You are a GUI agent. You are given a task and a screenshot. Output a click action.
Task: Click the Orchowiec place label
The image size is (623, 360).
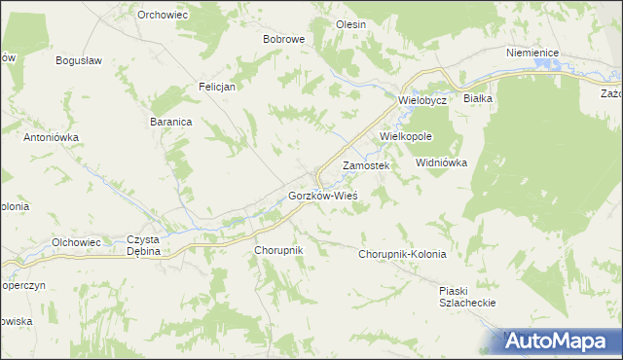(162, 15)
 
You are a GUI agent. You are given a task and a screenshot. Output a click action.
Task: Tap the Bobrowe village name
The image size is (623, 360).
(284, 40)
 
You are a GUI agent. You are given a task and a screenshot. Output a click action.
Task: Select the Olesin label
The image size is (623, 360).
(349, 24)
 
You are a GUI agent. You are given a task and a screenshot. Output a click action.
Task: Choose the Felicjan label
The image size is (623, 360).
(218, 86)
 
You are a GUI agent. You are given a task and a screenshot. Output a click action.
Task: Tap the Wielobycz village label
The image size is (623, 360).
(421, 100)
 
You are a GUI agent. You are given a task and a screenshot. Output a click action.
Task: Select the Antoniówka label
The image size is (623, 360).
(51, 137)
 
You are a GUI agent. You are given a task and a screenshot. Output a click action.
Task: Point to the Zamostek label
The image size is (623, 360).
(366, 166)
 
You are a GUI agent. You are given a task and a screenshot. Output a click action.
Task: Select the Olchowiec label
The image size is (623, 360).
(77, 242)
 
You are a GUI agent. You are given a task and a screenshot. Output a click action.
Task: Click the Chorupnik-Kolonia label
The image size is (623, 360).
(402, 254)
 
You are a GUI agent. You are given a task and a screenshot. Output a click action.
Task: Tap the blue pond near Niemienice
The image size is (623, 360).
(555, 66)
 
